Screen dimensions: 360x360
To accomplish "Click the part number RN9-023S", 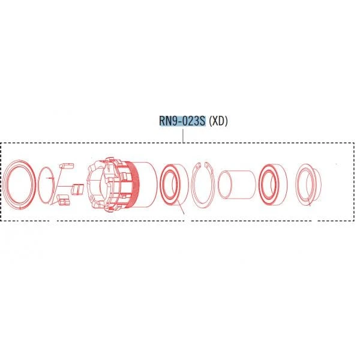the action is point(182,121).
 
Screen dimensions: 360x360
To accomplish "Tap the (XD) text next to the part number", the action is point(218,121).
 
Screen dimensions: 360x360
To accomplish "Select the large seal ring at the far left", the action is point(19,184).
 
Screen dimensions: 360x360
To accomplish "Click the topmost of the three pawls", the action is point(67,166).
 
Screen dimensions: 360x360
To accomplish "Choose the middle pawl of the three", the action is point(77,189).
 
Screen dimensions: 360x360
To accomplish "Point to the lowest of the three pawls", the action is point(64,200).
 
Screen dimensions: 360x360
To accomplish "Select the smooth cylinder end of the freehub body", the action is point(147,184).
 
